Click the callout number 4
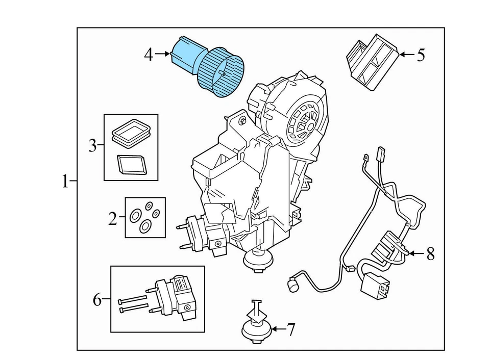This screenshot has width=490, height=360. (148, 54)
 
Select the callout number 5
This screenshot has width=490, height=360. (421, 55)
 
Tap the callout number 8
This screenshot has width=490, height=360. (430, 253)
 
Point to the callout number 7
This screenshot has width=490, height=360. (290, 330)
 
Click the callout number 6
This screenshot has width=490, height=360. (97, 300)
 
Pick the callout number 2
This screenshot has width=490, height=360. (113, 219)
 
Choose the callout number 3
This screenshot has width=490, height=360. (92, 147)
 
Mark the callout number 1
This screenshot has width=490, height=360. (65, 182)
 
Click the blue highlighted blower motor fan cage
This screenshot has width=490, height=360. (220, 71)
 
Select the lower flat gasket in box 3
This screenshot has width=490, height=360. (131, 164)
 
